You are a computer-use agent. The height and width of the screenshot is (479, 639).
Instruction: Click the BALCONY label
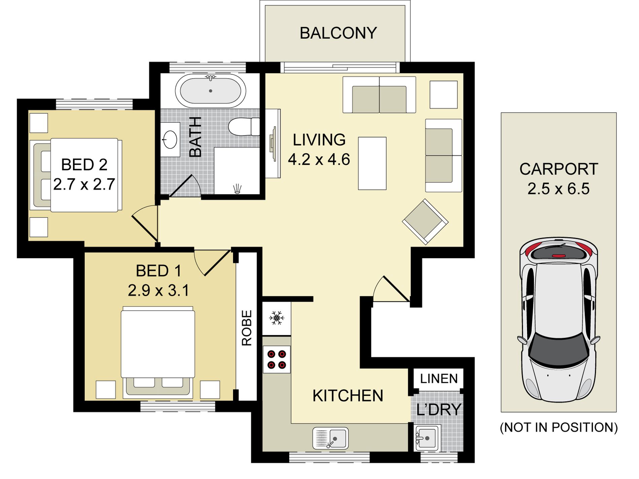click(338, 33)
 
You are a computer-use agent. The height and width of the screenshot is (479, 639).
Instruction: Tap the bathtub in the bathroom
click(211, 91)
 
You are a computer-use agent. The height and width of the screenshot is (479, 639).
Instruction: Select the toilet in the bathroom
click(244, 127)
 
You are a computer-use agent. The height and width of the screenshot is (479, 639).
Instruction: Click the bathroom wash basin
click(170, 139)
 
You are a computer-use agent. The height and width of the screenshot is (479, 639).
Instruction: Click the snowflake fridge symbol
click(276, 318)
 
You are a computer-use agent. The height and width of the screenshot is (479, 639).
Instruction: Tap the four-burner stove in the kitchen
click(276, 359)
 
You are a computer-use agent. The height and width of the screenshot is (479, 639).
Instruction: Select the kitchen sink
click(330, 438)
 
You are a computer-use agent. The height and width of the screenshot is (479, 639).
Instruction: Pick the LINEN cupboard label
click(439, 379)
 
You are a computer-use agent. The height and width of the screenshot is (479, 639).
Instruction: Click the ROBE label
click(247, 328)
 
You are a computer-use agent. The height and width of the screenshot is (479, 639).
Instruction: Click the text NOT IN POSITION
click(559, 427)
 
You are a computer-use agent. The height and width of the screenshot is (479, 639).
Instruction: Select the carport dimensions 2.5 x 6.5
click(558, 189)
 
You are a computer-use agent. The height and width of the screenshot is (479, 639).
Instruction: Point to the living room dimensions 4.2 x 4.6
click(319, 159)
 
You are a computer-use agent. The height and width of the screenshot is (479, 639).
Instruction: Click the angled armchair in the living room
click(425, 222)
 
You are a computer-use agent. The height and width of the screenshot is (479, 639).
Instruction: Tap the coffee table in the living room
click(372, 163)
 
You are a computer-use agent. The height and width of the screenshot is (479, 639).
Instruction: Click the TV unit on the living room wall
click(273, 143)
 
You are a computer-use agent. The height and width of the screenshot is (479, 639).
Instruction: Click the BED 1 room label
click(158, 271)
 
